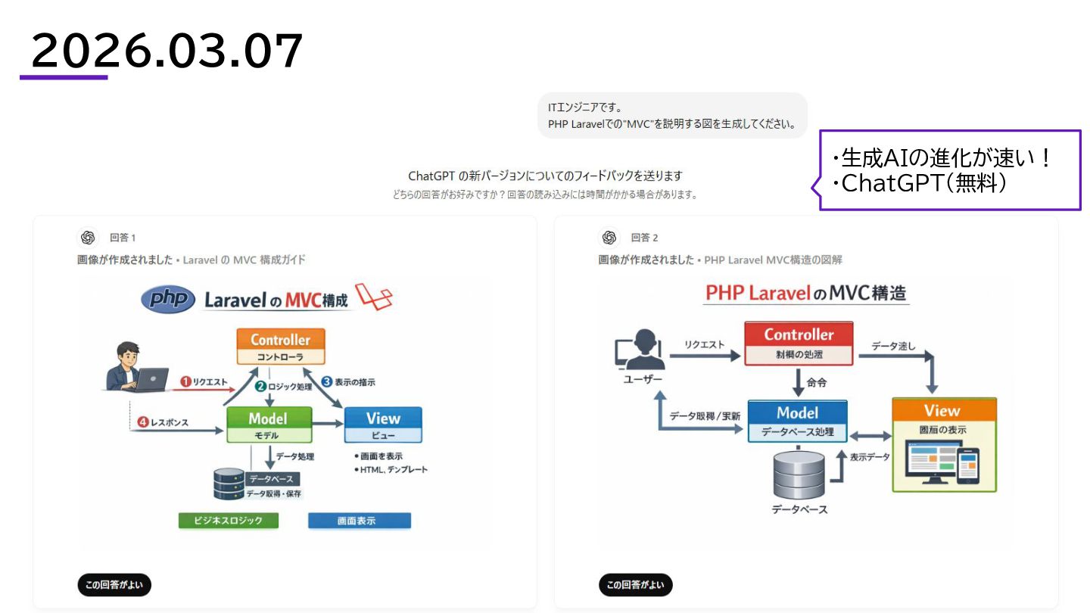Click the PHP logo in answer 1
click(168, 300)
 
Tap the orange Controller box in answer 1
click(280, 347)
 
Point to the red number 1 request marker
click(185, 382)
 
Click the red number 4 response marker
click(143, 422)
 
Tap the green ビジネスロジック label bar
click(228, 521)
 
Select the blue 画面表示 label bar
click(360, 521)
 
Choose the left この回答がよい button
click(114, 585)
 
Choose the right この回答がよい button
click(636, 585)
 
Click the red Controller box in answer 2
click(799, 343)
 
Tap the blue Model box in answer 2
click(798, 421)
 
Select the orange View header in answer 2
click(943, 410)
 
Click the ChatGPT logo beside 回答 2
click(609, 238)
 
